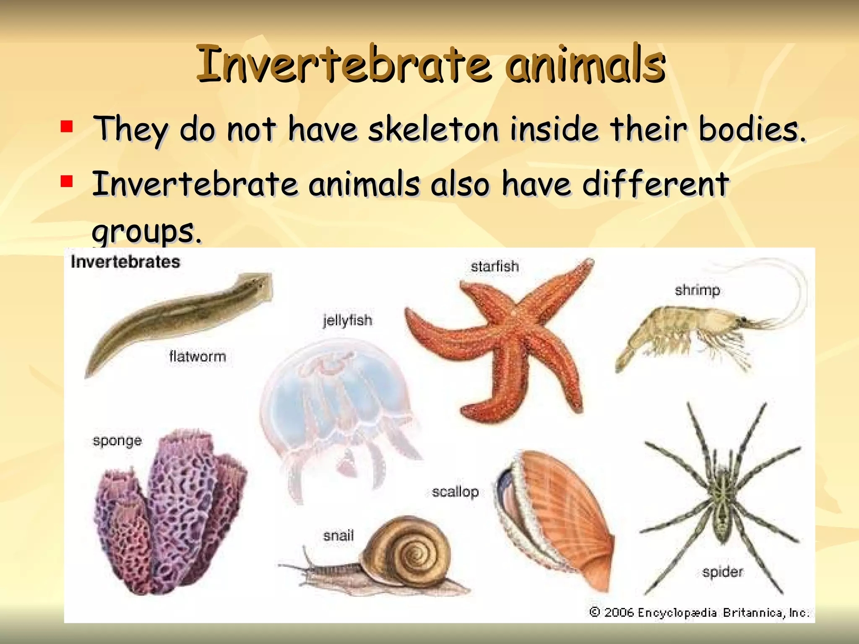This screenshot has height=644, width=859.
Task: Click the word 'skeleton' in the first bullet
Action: (433, 129)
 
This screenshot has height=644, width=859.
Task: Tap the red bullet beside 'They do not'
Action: (67, 126)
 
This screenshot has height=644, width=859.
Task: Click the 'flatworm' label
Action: (198, 357)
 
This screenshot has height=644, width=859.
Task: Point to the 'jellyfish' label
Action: (347, 321)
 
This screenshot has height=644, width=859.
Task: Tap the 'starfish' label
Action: (495, 267)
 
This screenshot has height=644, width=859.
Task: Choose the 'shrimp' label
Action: (697, 290)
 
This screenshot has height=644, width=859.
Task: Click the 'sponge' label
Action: (117, 441)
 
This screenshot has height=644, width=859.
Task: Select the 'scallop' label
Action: (455, 491)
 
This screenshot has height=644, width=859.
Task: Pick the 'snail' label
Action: (338, 535)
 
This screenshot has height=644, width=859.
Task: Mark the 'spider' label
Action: (722, 572)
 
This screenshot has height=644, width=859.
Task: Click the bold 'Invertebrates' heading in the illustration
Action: (125, 262)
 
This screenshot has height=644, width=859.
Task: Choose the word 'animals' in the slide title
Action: (586, 64)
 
